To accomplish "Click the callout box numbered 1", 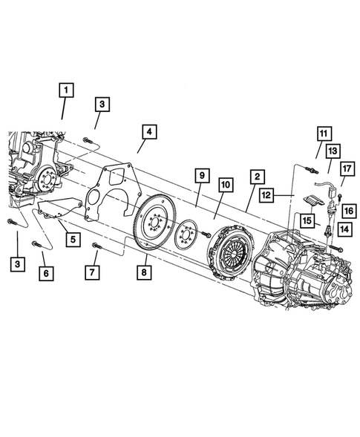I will coord(66,91).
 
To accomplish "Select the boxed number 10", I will coord(225,184).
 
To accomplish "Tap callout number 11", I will coord(323,134).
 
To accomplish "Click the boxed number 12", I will coord(267,194).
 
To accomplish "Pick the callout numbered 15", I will coord(306,220).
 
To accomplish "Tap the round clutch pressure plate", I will coord(232,248).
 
